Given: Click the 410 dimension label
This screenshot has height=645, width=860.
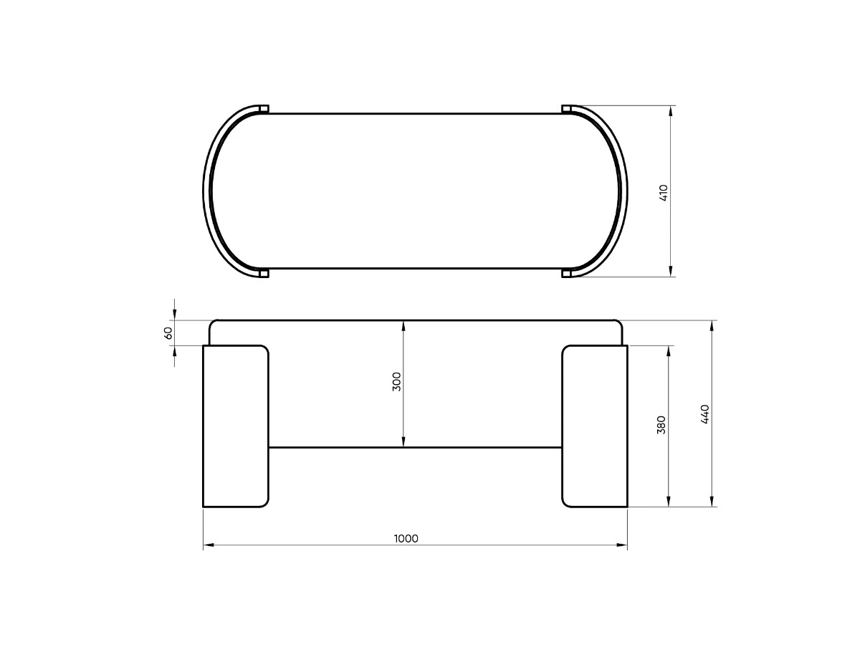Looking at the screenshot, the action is [664, 193].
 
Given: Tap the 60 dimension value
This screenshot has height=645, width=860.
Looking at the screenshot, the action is [168, 333].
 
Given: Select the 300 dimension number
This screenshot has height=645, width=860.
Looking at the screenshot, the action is [396, 381].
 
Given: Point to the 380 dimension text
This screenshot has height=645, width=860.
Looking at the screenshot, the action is [661, 425].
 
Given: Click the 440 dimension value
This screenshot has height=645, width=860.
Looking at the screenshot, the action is [704, 414].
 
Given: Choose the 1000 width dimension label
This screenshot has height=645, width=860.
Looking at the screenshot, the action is [406, 539].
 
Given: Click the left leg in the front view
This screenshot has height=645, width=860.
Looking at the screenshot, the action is [236, 426].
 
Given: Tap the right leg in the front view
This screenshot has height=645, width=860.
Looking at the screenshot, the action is [594, 426].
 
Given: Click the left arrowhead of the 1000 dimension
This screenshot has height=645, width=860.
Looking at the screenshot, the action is [208, 545].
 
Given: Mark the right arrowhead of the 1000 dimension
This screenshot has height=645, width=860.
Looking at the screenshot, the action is [622, 545].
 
